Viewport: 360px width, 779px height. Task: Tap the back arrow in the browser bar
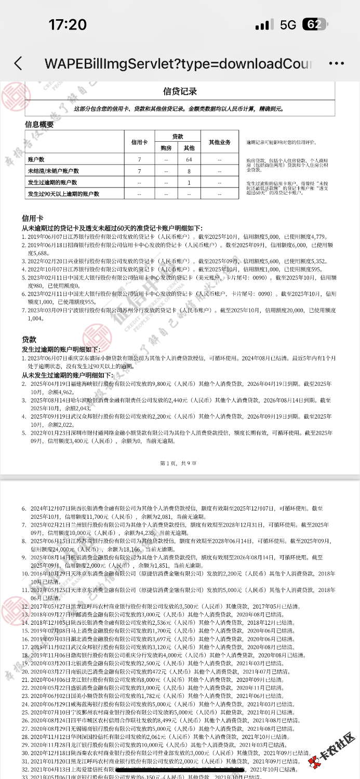click(18, 63)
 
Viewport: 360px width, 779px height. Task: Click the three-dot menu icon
click(336, 63)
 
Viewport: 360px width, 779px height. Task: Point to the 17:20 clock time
click(68, 24)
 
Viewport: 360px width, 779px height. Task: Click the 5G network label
click(288, 24)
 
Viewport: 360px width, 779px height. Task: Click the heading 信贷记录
click(180, 91)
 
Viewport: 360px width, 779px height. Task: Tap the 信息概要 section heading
click(39, 125)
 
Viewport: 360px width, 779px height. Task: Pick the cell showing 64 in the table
click(189, 159)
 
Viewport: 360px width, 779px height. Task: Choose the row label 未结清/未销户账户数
click(53, 171)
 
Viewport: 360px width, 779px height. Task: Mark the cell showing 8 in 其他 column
click(189, 171)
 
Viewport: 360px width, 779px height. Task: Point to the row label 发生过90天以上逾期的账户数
click(63, 194)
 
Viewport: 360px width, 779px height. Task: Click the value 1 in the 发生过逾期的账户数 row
click(189, 182)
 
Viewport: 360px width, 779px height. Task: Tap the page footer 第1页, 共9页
click(178, 463)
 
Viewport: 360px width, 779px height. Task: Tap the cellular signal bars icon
click(264, 24)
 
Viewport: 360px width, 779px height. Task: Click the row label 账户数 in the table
click(36, 159)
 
